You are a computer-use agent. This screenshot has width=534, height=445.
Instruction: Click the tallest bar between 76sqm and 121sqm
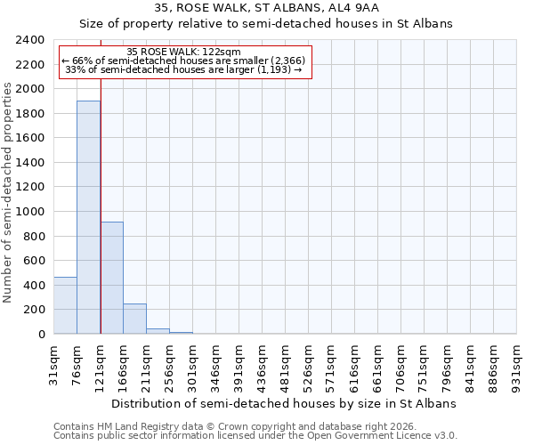point(88,217)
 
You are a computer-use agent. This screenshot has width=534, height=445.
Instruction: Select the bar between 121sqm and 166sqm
point(111,278)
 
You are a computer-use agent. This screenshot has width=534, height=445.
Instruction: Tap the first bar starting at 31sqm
point(65,305)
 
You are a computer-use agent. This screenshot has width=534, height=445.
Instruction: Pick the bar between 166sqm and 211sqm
point(134,319)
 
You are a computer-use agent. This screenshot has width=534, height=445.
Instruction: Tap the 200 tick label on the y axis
point(36,310)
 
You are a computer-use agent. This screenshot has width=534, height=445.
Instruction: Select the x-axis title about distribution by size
point(285,403)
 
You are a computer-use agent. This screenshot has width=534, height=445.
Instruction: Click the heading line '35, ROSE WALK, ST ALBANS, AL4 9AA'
point(266,8)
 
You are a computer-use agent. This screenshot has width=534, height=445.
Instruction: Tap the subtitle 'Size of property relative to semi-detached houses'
point(266,24)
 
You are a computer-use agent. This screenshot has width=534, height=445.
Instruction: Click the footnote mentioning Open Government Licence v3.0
point(255,436)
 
